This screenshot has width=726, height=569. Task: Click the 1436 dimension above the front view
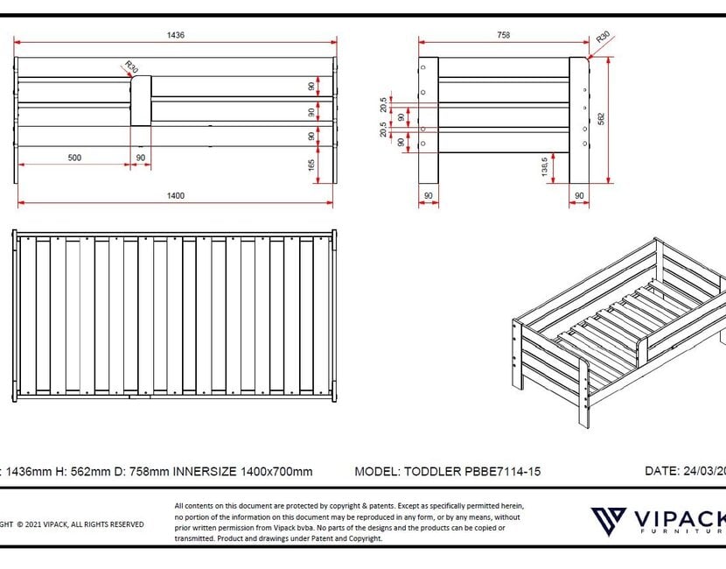[x=176, y=35]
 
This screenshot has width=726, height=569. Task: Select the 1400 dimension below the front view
[x=176, y=195]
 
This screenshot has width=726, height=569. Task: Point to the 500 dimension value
[x=74, y=158]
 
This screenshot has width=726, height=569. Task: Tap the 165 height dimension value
[x=312, y=165]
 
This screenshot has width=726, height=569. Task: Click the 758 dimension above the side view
[x=504, y=35]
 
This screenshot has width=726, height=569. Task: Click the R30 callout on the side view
[x=603, y=39]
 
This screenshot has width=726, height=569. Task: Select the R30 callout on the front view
[x=130, y=67]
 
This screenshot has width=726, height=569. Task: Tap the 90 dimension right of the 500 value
[x=141, y=158]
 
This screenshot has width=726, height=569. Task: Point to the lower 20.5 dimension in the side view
[x=384, y=130]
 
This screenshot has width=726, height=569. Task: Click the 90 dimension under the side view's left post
[x=429, y=195]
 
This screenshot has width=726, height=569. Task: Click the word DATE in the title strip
[x=660, y=470]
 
